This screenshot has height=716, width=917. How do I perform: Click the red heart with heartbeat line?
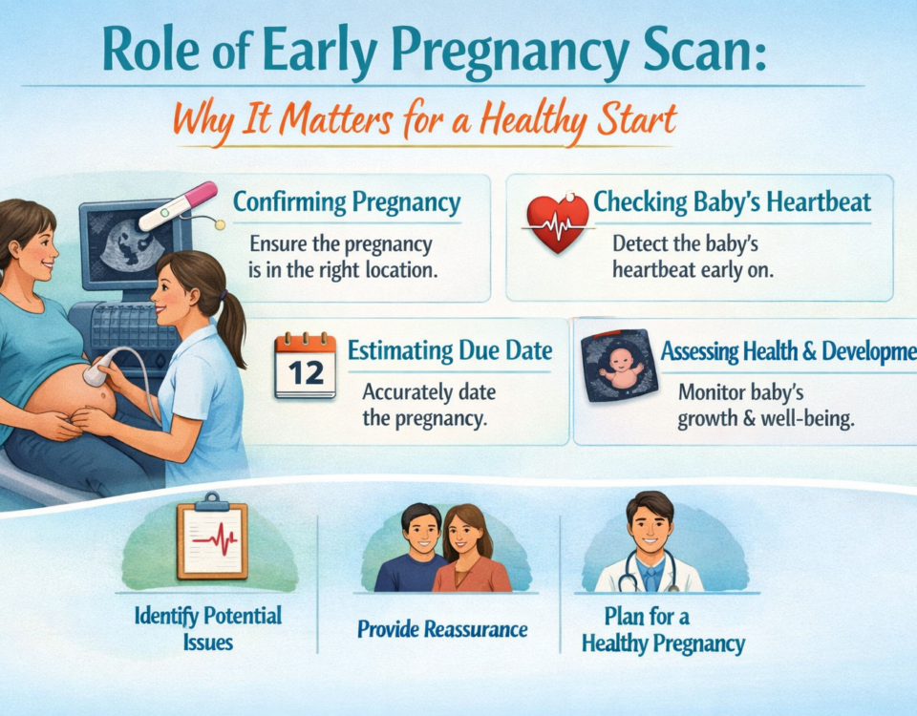pyautogui.click(x=558, y=222)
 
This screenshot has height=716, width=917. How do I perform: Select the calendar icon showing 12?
pyautogui.click(x=306, y=366)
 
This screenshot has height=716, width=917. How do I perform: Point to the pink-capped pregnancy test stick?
pyautogui.click(x=179, y=206)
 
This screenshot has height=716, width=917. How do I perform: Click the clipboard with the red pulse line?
pyautogui.click(x=212, y=537)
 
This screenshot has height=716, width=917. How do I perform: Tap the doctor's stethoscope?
pyautogui.click(x=649, y=571)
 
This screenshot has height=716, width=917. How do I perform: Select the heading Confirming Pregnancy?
pyautogui.click(x=347, y=203)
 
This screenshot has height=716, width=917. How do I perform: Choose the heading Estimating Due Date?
pyautogui.click(x=450, y=350)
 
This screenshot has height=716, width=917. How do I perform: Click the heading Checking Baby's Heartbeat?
pyautogui.click(x=733, y=202)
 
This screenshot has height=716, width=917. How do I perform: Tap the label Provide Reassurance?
pyautogui.click(x=442, y=629)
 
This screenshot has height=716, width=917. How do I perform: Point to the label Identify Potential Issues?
pyautogui.click(x=208, y=629)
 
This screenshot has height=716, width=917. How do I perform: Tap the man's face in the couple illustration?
pyautogui.click(x=421, y=533)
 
